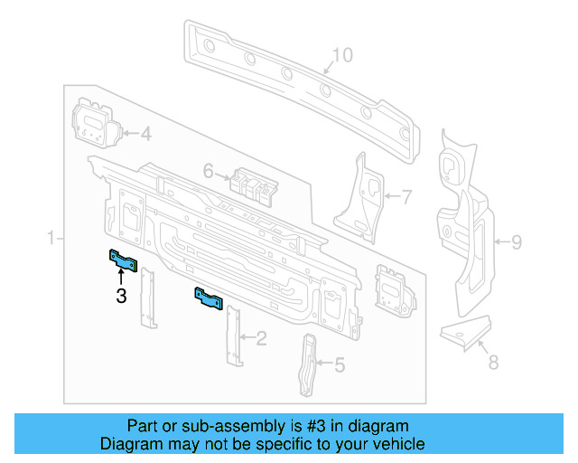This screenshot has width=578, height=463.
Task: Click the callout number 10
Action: [340, 56]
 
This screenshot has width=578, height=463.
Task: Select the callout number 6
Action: [207, 170]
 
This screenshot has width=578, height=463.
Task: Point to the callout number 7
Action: [406, 195]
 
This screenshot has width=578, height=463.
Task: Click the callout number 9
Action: [517, 241]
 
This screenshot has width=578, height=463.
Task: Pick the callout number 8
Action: [492, 364]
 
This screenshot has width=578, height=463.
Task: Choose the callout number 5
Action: [340, 365]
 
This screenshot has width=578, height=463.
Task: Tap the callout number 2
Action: [261, 339]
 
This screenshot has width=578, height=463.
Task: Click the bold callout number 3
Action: [121, 295]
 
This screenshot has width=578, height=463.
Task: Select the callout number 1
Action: [51, 238]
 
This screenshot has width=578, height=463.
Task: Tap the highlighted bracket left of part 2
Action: [210, 298]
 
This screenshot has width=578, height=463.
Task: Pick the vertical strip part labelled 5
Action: [309, 364]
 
